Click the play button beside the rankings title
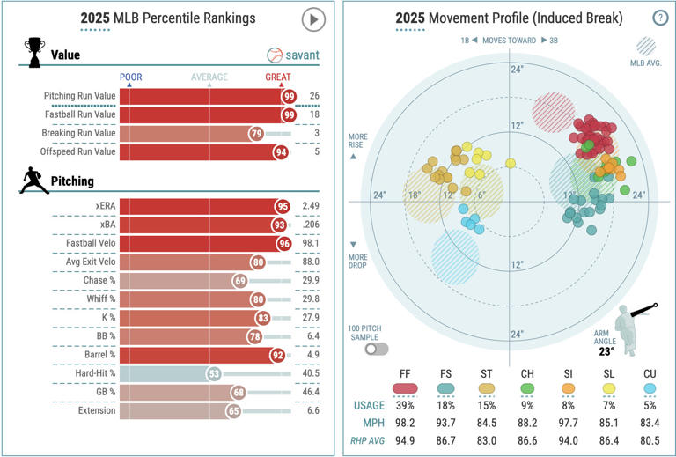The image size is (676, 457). tap(313, 19)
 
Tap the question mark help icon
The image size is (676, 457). tap(659, 18)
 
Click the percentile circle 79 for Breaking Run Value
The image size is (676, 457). tap(256, 133)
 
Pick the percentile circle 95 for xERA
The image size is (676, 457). tap(282, 206)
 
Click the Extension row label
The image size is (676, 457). tap(91, 411)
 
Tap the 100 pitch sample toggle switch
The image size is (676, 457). tap(377, 349)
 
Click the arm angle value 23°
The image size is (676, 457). tap(606, 350)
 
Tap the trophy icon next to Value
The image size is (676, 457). tap(34, 52)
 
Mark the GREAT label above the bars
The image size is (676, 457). tap(279, 77)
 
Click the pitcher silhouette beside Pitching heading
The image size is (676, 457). tap(33, 181)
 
